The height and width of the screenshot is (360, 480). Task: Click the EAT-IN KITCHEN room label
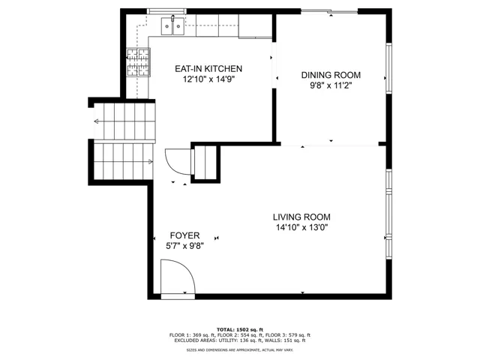208,68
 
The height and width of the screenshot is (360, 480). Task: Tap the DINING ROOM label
331,75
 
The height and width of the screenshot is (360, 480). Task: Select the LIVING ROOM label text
301,217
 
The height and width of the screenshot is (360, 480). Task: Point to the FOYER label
184,235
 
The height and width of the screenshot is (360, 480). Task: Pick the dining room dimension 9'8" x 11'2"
331,85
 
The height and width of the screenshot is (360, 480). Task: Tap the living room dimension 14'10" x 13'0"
301,227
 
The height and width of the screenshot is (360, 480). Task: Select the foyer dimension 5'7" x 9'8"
185,246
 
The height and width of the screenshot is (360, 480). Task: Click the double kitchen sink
172,26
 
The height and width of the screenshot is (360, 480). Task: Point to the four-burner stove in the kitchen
138,62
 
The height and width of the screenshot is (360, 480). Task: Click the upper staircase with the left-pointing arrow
124,121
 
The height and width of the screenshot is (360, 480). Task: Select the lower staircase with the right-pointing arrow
123,162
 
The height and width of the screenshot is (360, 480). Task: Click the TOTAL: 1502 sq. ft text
240,330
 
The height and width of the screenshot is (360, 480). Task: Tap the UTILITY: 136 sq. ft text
239,340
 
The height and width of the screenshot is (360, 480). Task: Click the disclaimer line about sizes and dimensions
240,350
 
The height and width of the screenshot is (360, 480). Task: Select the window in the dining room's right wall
388,68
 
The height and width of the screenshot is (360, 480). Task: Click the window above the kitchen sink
166,11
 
